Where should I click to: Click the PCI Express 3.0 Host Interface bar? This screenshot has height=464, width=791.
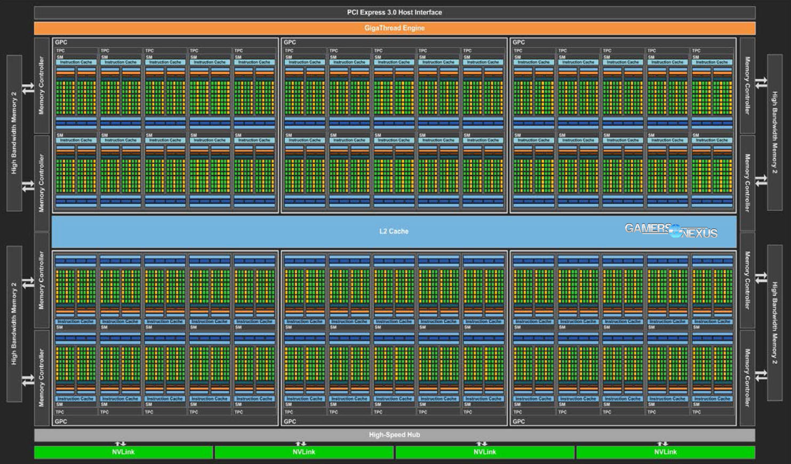[x=394, y=12]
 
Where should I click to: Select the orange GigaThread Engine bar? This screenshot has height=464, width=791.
[x=394, y=28]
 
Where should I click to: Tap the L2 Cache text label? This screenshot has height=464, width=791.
[x=394, y=231]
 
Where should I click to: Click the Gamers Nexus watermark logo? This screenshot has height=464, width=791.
[x=670, y=230]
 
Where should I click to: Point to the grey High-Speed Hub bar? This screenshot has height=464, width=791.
[x=394, y=435]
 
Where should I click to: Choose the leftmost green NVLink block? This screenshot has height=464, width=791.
[x=123, y=452]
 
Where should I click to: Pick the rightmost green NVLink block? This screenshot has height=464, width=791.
[x=665, y=452]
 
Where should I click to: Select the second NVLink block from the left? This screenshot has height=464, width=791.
[x=303, y=452]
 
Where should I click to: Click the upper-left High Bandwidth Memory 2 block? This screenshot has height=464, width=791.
[x=14, y=132]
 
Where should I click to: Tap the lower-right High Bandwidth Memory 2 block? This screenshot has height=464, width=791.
[x=774, y=323]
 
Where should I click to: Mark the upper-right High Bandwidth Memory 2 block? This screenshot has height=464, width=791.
[x=774, y=132]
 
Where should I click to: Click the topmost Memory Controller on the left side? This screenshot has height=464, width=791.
[x=42, y=85]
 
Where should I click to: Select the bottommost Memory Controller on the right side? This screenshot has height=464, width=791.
[x=747, y=378]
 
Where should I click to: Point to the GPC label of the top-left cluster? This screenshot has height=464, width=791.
[x=61, y=42]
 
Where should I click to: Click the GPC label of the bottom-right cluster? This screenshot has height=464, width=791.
[x=518, y=421]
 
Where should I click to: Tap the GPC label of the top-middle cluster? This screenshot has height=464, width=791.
[x=290, y=42]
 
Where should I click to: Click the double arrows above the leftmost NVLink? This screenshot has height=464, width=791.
[x=121, y=444]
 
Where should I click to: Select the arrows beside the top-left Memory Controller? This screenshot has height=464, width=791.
[x=28, y=88]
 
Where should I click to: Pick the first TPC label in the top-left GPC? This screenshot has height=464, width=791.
[x=60, y=51]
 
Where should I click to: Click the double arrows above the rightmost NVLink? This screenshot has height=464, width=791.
[x=662, y=444]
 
